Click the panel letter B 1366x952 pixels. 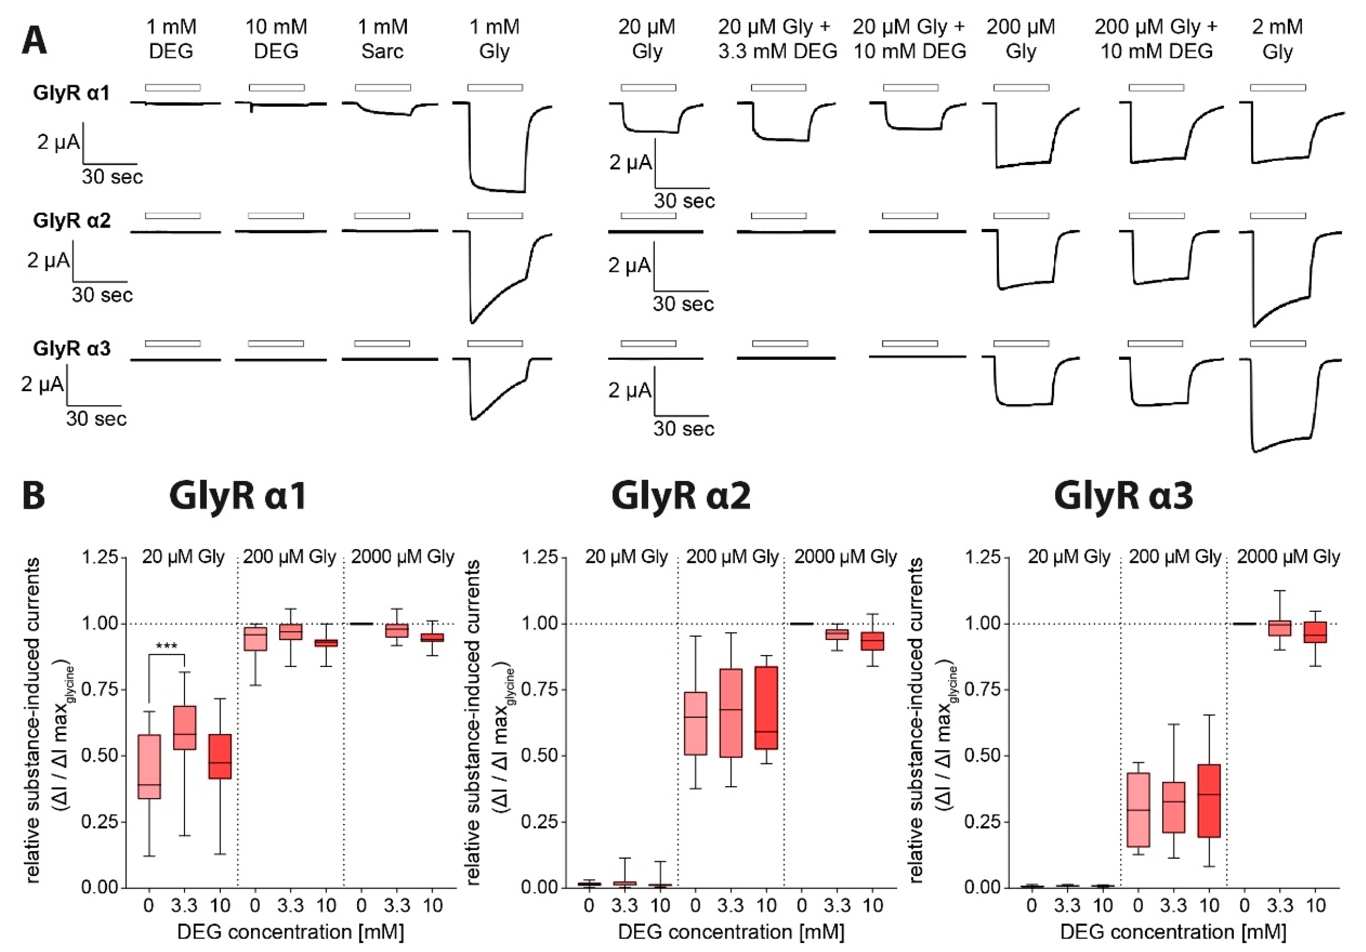click(34, 495)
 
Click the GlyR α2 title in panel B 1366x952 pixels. click(681, 495)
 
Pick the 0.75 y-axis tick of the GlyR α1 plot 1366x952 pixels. click(100, 690)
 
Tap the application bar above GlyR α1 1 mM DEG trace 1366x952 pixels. click(173, 87)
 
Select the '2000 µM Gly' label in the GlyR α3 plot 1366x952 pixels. click(1288, 557)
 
